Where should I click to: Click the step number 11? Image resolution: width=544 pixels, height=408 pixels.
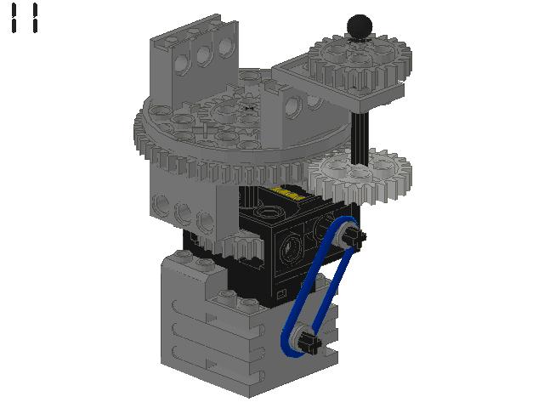coord(24,18)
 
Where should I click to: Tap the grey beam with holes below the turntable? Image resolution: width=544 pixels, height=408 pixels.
coord(183,208)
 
